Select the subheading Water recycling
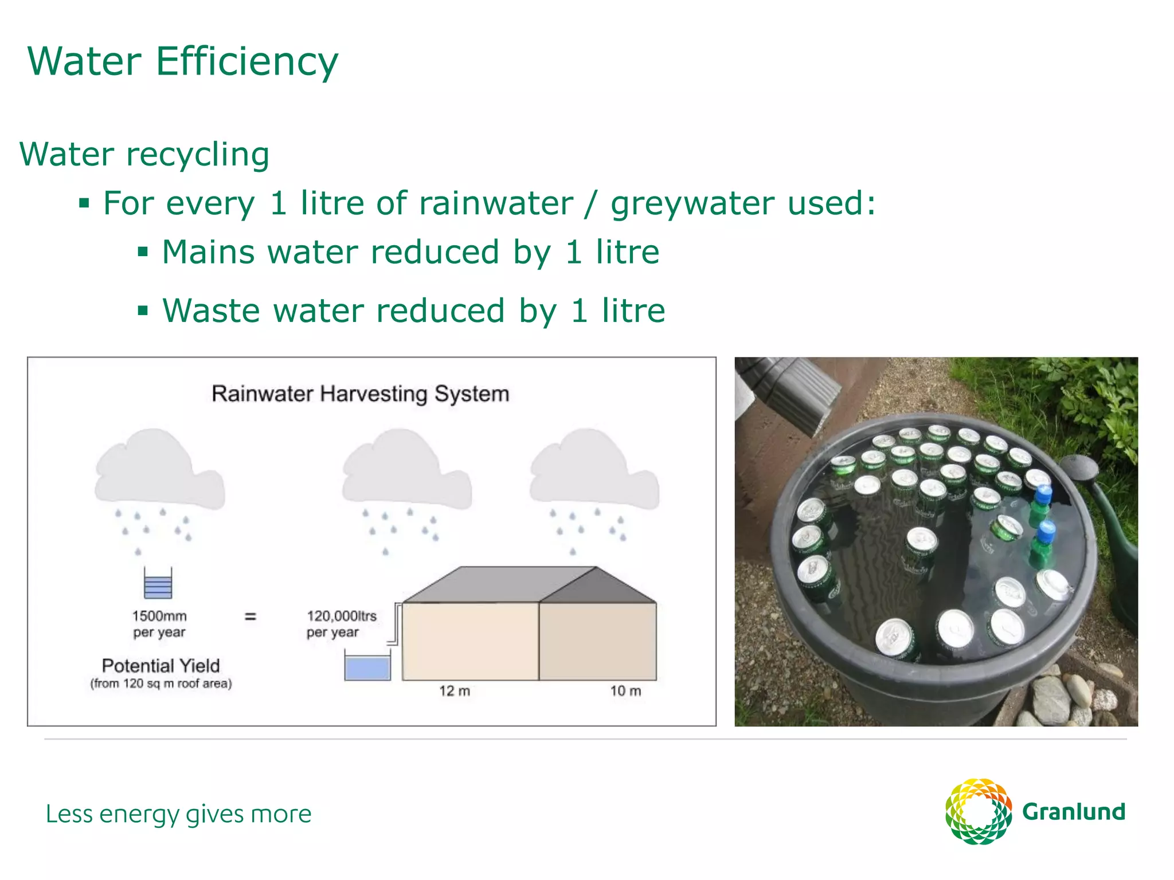(144, 155)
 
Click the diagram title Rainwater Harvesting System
(360, 394)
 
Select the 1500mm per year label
(159, 624)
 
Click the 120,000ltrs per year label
(341, 624)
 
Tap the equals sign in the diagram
(251, 616)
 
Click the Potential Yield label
(161, 666)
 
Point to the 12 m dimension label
(455, 691)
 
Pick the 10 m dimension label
(625, 691)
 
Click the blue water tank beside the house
(367, 668)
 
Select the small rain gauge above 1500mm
(158, 583)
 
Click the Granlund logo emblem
(979, 811)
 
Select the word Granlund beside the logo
(1074, 812)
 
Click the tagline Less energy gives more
(178, 814)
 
